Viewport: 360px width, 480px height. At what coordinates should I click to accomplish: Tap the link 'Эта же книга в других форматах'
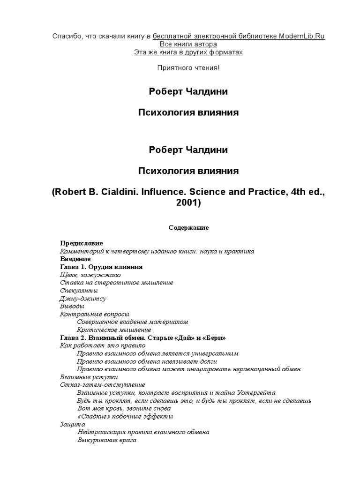(188, 52)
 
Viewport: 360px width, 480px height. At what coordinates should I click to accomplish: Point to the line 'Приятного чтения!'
(188, 68)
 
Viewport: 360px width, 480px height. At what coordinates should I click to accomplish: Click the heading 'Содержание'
(188, 227)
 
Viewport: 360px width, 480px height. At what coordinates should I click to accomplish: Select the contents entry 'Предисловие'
(82, 243)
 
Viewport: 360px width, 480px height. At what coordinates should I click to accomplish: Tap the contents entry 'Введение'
(75, 259)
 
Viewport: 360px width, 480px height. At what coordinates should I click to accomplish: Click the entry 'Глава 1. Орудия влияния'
(102, 267)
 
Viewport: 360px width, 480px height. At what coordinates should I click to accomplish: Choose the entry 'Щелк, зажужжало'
(90, 275)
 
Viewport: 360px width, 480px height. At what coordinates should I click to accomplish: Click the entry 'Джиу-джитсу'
(83, 298)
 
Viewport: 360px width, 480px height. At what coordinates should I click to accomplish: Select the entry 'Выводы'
(72, 306)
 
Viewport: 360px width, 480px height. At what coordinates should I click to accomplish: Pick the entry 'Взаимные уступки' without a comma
(89, 376)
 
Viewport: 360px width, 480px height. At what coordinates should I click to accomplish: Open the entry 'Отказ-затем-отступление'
(96, 384)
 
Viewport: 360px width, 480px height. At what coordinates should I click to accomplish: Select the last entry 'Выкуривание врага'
(106, 440)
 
